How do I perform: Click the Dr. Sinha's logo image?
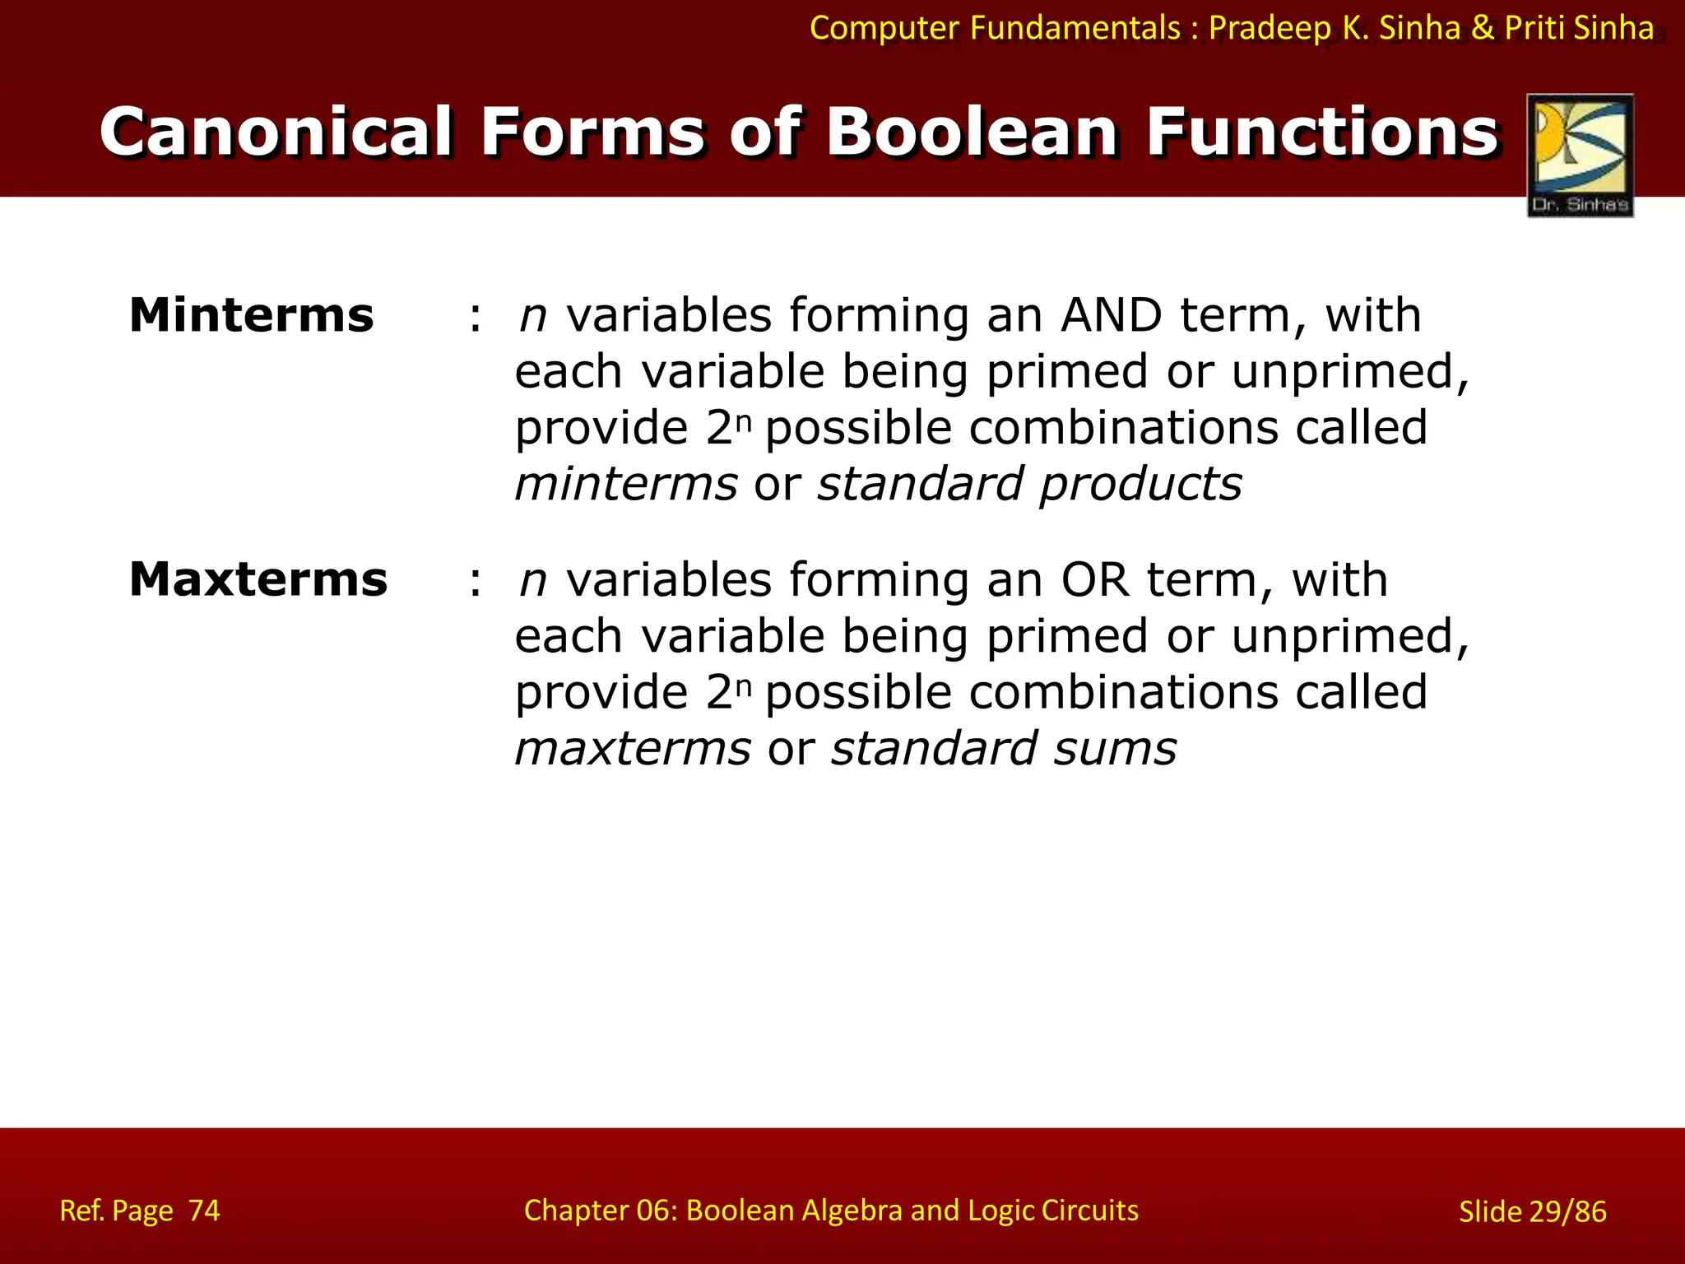1580,155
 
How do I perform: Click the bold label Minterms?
252,316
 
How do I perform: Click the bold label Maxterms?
258,580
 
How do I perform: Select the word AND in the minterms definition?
1112,316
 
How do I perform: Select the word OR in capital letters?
1095,580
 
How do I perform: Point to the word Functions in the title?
1322,132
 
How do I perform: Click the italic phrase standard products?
1029,484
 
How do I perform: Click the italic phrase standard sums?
1004,749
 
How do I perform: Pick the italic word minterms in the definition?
626,484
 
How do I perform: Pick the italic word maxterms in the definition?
633,749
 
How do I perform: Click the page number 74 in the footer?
204,1211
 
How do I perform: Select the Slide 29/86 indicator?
1532,1211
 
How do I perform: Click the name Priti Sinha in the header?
1579,28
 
